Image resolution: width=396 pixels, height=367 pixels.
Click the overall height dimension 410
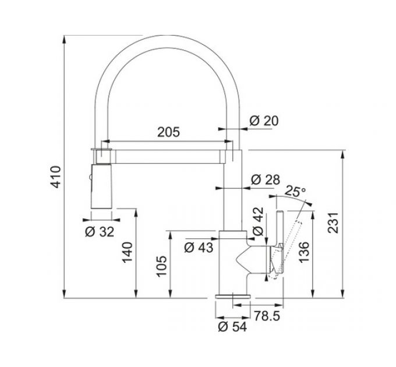click(x=56, y=177)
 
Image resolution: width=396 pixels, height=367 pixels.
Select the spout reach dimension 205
click(x=168, y=132)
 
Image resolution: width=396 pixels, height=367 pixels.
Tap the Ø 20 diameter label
click(x=264, y=121)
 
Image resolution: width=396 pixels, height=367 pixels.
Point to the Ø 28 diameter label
click(x=266, y=179)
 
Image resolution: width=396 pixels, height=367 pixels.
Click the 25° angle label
click(x=295, y=191)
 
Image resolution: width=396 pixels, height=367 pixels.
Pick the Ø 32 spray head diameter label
click(x=100, y=232)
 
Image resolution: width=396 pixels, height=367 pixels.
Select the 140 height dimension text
click(x=128, y=253)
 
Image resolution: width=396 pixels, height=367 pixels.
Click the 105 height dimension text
click(x=162, y=266)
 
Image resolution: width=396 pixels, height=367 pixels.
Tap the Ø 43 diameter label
click(x=199, y=248)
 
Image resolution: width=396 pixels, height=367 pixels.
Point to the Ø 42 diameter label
click(x=258, y=221)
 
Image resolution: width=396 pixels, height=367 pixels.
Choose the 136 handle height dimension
click(x=304, y=252)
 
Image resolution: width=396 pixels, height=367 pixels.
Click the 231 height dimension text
click(x=333, y=223)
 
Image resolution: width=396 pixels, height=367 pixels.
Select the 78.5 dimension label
click(x=267, y=316)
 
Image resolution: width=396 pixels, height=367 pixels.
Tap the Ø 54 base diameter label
click(x=232, y=327)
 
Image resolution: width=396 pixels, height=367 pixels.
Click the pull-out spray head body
click(x=101, y=186)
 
